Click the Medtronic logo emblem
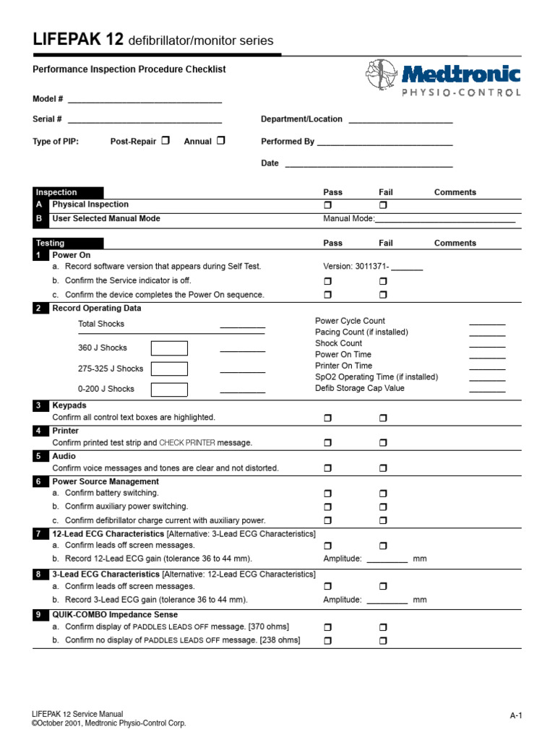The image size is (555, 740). [x=382, y=74]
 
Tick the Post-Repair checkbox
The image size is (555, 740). [x=165, y=141]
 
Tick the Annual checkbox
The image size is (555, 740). [x=220, y=141]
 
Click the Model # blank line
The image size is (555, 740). [x=144, y=100]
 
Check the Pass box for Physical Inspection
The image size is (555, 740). [x=327, y=205]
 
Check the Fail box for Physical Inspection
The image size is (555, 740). [x=383, y=205]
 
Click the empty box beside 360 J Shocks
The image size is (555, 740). [x=169, y=348]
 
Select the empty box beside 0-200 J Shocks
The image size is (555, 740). [x=169, y=390]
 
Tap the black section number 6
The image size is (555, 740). [x=38, y=481]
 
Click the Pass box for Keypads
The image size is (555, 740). [x=327, y=418]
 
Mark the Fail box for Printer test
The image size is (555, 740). [x=383, y=442]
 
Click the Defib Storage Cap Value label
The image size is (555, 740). [x=360, y=388]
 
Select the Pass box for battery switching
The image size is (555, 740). [x=327, y=494]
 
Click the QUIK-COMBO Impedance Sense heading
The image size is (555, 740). [x=115, y=615]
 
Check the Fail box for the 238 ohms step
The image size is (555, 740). [x=383, y=640]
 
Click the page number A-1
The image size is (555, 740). [x=515, y=715]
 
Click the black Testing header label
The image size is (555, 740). [x=50, y=244]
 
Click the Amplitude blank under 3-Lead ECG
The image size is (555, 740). [x=387, y=601]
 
